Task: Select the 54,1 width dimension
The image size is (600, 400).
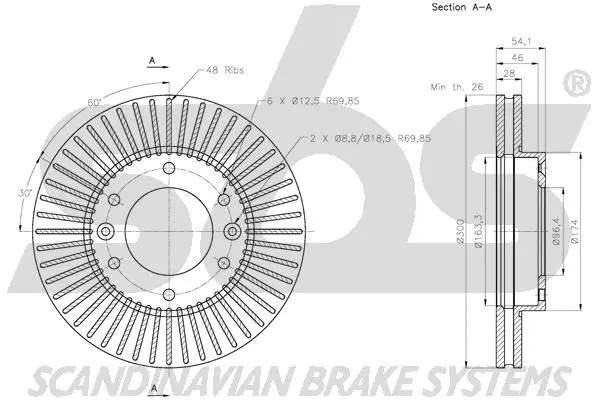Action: [521, 41]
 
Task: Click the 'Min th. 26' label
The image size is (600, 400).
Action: [455, 88]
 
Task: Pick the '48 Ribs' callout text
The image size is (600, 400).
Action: [226, 70]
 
